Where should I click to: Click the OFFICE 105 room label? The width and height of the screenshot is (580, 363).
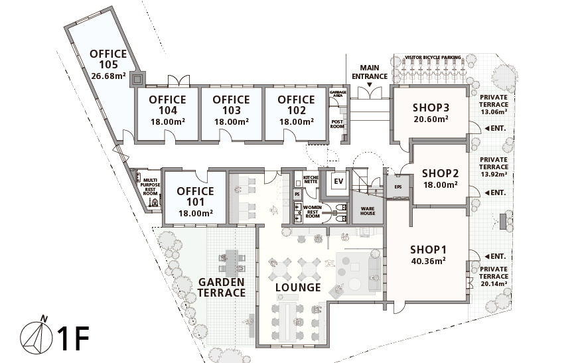(108, 59)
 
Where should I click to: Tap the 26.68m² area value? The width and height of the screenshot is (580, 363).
(108, 76)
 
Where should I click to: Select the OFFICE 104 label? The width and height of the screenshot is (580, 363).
(168, 105)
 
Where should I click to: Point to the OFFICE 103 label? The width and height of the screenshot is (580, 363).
(231, 105)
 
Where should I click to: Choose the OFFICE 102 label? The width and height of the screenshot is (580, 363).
(296, 105)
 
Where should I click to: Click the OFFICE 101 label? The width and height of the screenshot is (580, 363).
(195, 196)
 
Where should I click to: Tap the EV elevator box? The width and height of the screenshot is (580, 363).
(338, 181)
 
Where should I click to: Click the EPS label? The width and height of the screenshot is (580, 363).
(398, 187)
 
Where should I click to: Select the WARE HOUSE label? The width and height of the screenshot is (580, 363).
(368, 211)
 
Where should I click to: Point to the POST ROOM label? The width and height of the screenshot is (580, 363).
(337, 124)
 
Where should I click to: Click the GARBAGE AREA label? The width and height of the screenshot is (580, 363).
(338, 94)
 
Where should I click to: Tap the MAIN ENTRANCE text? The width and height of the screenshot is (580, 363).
(370, 72)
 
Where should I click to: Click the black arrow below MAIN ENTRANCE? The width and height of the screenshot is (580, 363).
(369, 85)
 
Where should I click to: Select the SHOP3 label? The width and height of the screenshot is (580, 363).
(431, 108)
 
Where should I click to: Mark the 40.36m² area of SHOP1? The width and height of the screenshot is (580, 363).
(428, 261)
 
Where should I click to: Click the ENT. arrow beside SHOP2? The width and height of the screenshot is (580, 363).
(487, 192)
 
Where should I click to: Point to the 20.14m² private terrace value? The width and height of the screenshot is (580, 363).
(494, 284)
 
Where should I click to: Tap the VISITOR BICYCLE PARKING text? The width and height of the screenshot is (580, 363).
(433, 57)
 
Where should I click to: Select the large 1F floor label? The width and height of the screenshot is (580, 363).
(73, 338)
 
